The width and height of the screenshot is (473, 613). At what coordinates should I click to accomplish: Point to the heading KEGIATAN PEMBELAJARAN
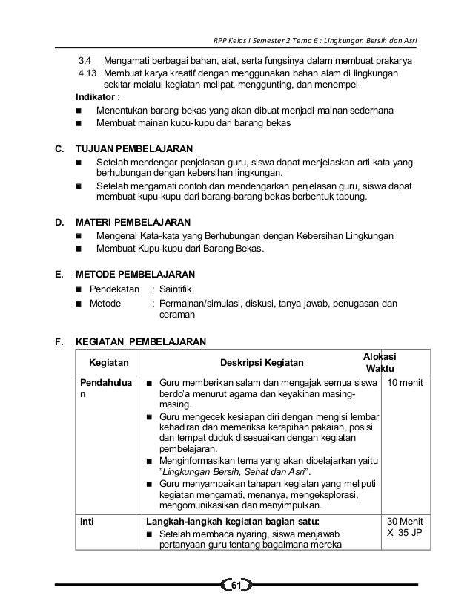(142, 342)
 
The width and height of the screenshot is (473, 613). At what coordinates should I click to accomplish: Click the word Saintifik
(180, 289)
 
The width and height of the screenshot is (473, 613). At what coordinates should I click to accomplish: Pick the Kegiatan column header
(108, 364)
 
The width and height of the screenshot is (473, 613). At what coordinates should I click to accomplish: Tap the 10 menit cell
(404, 383)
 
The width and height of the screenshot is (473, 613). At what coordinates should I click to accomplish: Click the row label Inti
(88, 522)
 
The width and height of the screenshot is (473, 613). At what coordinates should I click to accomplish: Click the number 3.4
(87, 60)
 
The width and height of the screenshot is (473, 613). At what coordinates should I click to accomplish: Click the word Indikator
(100, 98)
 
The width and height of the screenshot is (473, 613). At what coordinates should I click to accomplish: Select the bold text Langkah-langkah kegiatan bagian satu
(235, 522)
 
